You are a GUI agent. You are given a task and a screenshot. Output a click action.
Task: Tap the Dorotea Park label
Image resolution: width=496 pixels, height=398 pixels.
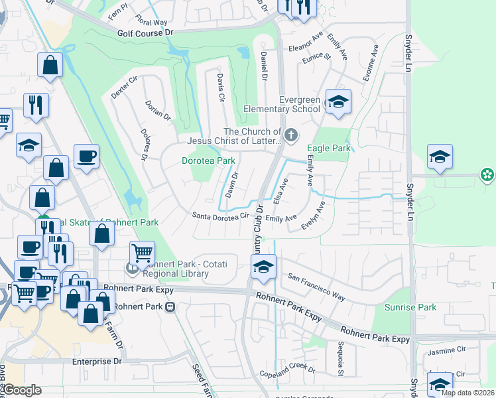tap(209, 161)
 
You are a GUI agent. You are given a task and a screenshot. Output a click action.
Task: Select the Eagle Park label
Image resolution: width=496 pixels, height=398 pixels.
tap(328, 149)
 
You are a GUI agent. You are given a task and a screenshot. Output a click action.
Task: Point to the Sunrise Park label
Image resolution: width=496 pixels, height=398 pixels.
tap(410, 308)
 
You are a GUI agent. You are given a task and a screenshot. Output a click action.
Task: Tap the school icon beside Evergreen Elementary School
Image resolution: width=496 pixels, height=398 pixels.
tap(338, 102)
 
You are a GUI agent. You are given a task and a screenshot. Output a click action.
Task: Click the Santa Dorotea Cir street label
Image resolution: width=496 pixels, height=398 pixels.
tap(220, 216)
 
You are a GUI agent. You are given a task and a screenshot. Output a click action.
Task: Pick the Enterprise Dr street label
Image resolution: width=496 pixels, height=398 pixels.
tap(97, 362)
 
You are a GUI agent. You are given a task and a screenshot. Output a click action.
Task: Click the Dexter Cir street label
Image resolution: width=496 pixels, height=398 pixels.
tap(123, 86)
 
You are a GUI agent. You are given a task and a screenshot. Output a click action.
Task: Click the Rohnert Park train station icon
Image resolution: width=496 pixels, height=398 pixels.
tap(170, 307)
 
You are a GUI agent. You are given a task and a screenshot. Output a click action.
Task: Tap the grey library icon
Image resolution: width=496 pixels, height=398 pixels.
tap(132, 268)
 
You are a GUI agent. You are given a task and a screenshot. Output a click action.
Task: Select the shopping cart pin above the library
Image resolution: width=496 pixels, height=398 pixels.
tap(142, 253)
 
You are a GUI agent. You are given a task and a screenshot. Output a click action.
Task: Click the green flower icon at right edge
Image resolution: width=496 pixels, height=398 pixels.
tap(487, 175)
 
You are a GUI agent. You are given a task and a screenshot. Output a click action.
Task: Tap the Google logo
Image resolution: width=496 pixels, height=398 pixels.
tap(23, 391)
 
